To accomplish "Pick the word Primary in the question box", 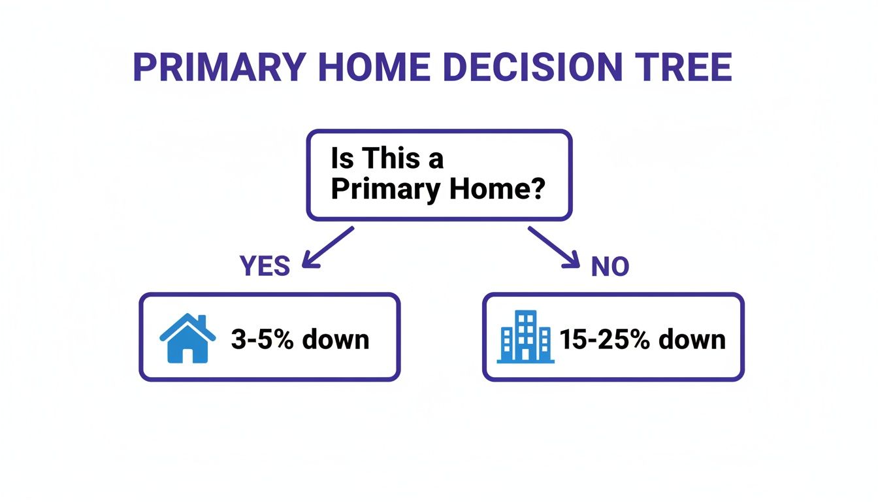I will tap(385, 190).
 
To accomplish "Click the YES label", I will tap(265, 267).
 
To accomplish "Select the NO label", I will tap(610, 267).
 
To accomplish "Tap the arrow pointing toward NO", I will tap(554, 247).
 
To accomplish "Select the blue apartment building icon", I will tap(525, 337).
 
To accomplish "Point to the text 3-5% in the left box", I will tap(261, 340).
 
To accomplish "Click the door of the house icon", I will tap(187, 355).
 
